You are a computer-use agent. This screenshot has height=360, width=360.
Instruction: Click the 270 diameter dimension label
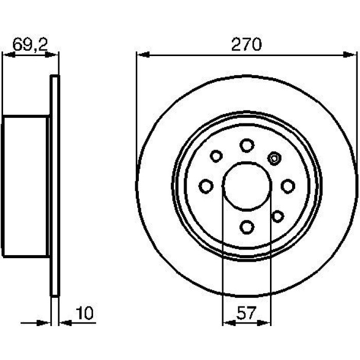246,45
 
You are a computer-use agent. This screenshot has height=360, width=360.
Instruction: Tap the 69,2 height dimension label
30,45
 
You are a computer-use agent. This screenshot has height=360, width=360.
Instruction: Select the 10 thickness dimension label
84,313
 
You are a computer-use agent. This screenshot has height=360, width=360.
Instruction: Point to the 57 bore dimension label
246,313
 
